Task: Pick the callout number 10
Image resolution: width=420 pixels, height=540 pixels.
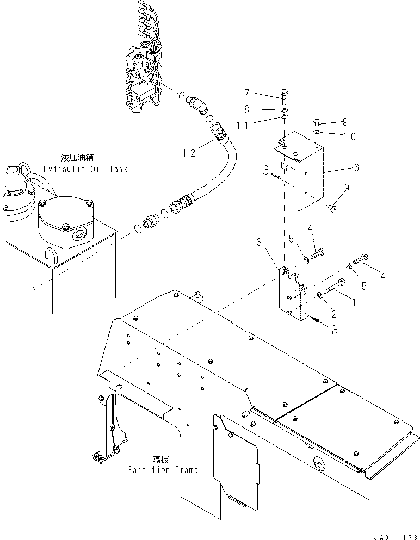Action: (x=349, y=136)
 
